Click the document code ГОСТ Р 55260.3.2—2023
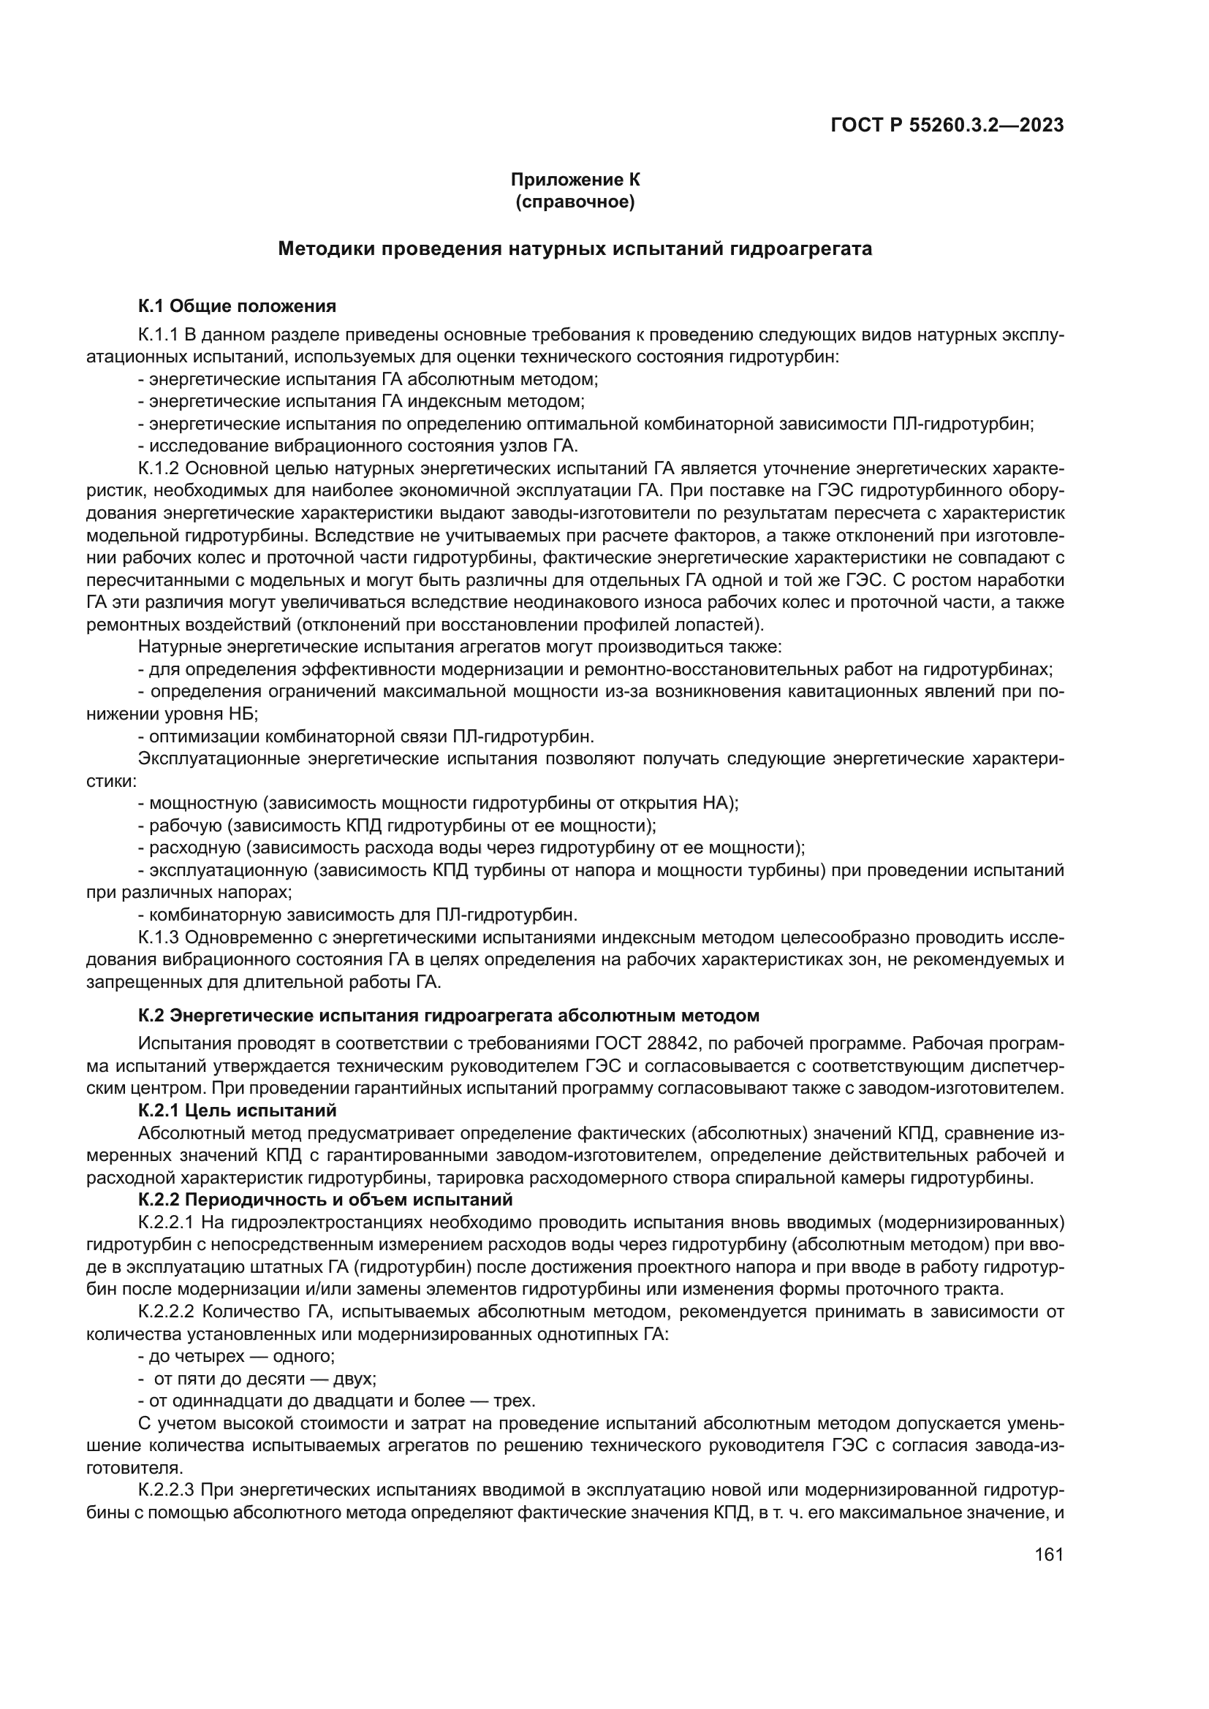(x=946, y=125)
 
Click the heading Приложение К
(x=575, y=180)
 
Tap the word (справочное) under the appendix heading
(x=575, y=202)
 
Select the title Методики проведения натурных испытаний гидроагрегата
(x=575, y=248)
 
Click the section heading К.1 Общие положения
(x=237, y=306)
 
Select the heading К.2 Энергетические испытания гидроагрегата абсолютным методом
(x=448, y=1016)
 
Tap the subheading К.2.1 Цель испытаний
(x=237, y=1111)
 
